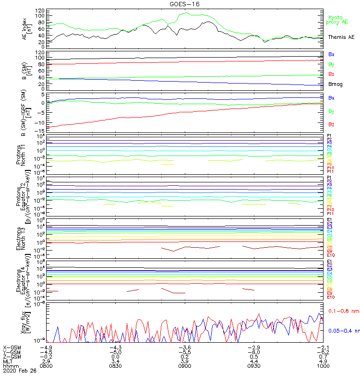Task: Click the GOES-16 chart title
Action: click(185, 4)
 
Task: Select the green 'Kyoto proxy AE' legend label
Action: click(338, 20)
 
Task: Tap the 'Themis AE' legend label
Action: click(341, 37)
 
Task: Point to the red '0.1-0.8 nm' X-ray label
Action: click(342, 312)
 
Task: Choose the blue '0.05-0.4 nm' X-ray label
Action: click(343, 331)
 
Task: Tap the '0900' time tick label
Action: click(185, 366)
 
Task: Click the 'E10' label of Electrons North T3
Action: click(331, 255)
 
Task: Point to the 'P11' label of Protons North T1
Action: click(330, 171)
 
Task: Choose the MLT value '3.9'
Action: click(185, 361)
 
